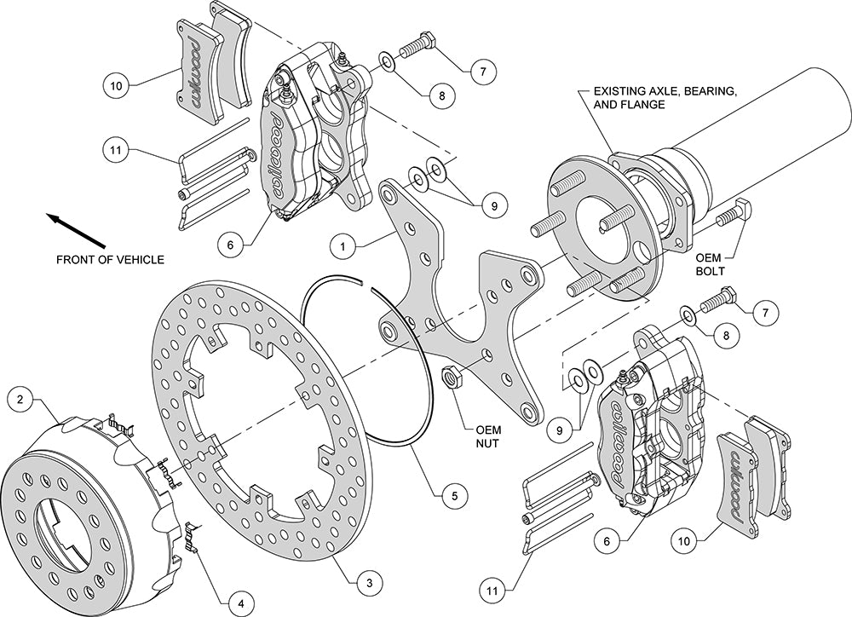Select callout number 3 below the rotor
[x=368, y=582]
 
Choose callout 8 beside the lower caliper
[x=724, y=336]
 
